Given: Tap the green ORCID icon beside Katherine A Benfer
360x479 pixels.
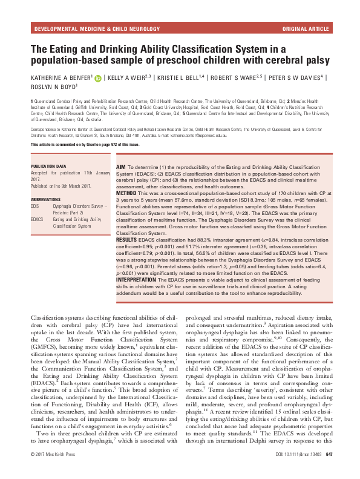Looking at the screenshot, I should pyautogui.click(x=97, y=78).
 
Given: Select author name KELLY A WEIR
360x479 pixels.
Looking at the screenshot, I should pyautogui.click(x=129, y=78).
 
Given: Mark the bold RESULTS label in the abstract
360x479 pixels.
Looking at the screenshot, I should pyautogui.click(x=129, y=239).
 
